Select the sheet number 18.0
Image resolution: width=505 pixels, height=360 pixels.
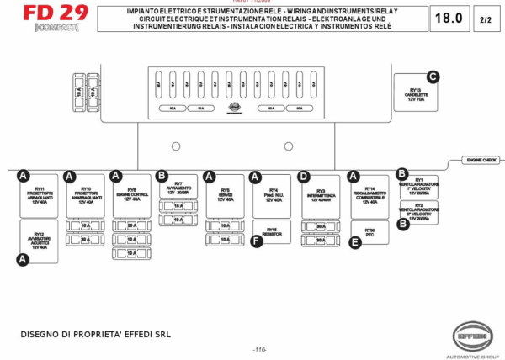[447, 19]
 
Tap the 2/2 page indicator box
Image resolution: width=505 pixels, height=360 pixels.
[486, 19]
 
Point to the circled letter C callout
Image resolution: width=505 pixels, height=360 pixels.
[433, 77]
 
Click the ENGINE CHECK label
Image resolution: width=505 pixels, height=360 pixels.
[480, 159]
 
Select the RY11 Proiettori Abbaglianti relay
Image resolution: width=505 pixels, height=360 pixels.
[40, 196]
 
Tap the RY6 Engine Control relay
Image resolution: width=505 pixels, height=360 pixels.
[132, 196]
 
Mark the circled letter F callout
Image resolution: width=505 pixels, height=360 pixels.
[257, 241]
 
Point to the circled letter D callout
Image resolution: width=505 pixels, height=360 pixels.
[304, 177]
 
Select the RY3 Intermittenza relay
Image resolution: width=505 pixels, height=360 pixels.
[320, 196]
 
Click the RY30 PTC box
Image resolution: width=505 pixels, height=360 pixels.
[369, 231]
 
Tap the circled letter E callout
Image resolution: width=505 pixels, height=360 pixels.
[355, 241]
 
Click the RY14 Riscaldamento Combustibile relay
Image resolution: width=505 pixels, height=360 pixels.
[369, 196]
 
